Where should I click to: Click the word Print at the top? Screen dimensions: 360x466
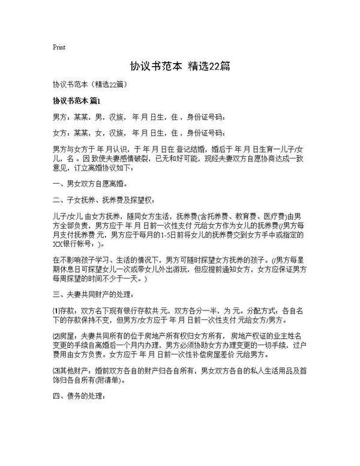59,47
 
